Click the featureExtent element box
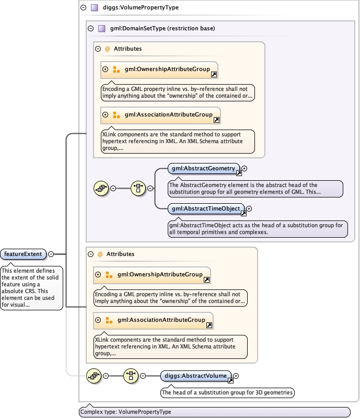pyautogui.click(x=24, y=254)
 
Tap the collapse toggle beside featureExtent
pyautogui.click(x=51, y=254)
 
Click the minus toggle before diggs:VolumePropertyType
pyautogui.click(x=84, y=8)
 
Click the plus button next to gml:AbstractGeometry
pyautogui.click(x=244, y=169)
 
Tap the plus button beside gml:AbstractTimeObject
pyautogui.click(x=249, y=208)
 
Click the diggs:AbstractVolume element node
pyautogui.click(x=196, y=375)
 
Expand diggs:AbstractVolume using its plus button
pyautogui.click(x=236, y=375)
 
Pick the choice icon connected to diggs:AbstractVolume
pyautogui.click(x=131, y=375)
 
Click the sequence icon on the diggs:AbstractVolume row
pyautogui.click(x=94, y=375)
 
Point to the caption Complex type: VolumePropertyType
pyautogui.click(x=125, y=412)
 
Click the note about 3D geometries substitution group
pyautogui.click(x=227, y=392)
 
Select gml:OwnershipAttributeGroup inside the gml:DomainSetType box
pyautogui.click(x=162, y=69)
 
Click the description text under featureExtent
pyautogui.click(x=31, y=287)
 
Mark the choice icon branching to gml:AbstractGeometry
pyautogui.click(x=138, y=188)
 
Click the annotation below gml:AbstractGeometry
pyautogui.click(x=255, y=189)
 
